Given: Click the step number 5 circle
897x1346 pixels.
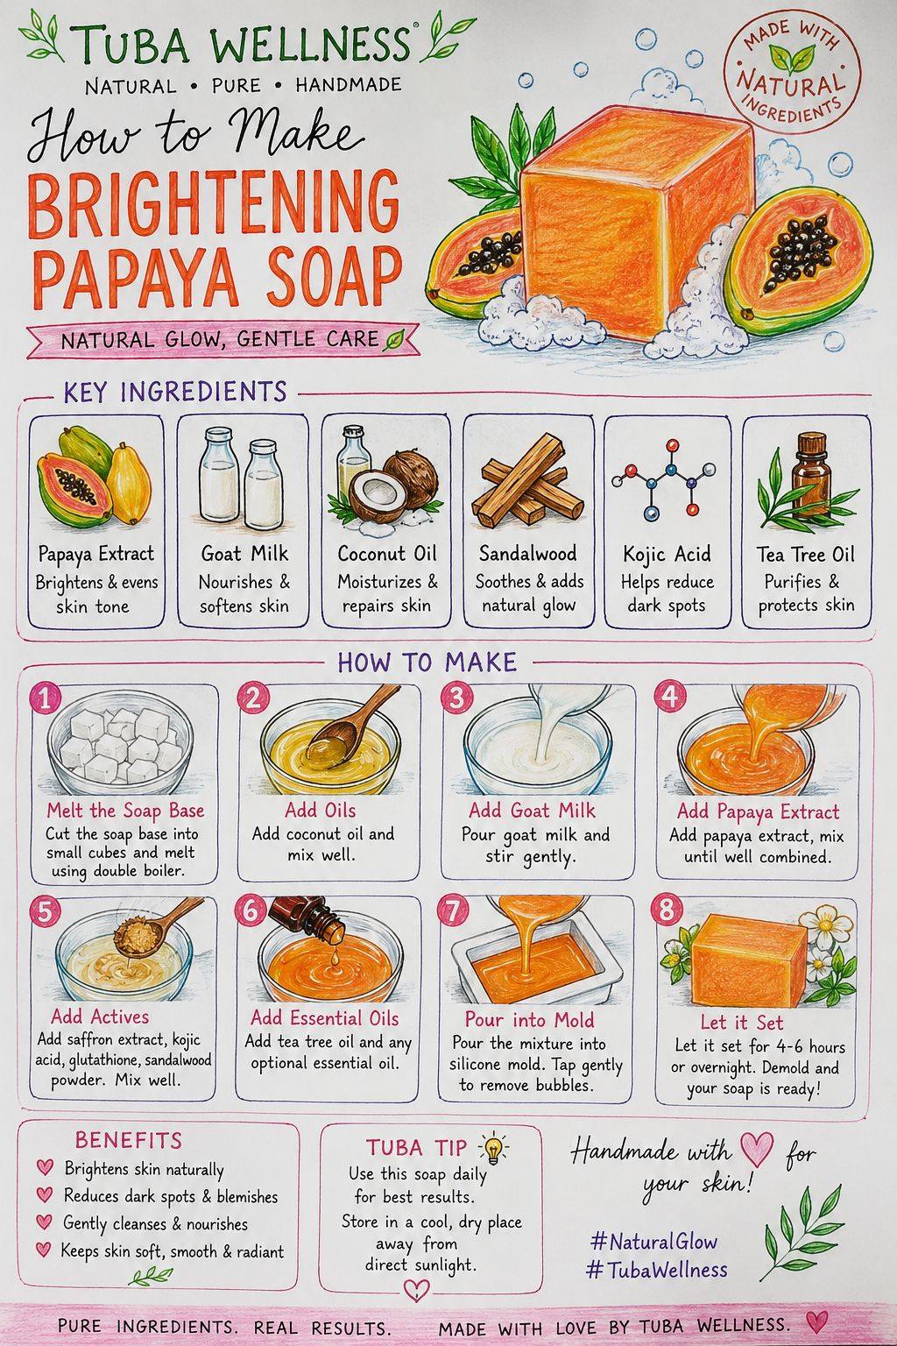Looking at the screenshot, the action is click(x=45, y=911).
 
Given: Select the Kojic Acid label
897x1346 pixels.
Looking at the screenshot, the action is click(x=667, y=554).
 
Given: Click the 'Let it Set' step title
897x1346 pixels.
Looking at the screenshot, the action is click(x=741, y=1022).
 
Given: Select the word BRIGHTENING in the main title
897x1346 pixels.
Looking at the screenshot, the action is click(x=213, y=204).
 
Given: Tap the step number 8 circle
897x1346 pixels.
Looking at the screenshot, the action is click(x=667, y=911).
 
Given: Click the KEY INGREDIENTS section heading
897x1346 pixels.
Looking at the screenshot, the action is click(x=175, y=392).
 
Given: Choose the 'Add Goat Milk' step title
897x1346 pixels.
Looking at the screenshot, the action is click(x=532, y=810).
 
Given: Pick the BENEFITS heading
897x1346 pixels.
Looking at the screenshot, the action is click(x=128, y=1140).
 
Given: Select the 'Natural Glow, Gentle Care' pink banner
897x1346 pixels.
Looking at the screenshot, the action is click(x=222, y=340).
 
